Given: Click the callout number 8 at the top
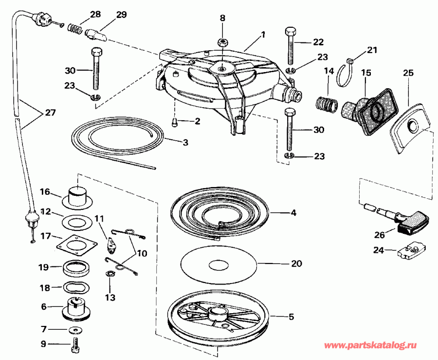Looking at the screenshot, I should (x=222, y=19).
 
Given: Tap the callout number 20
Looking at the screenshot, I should (x=296, y=264).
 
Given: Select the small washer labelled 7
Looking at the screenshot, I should (x=75, y=330).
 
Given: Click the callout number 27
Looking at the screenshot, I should (x=50, y=113).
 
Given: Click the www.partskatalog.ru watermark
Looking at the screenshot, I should (x=370, y=345).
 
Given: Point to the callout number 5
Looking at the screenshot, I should (x=291, y=317).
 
